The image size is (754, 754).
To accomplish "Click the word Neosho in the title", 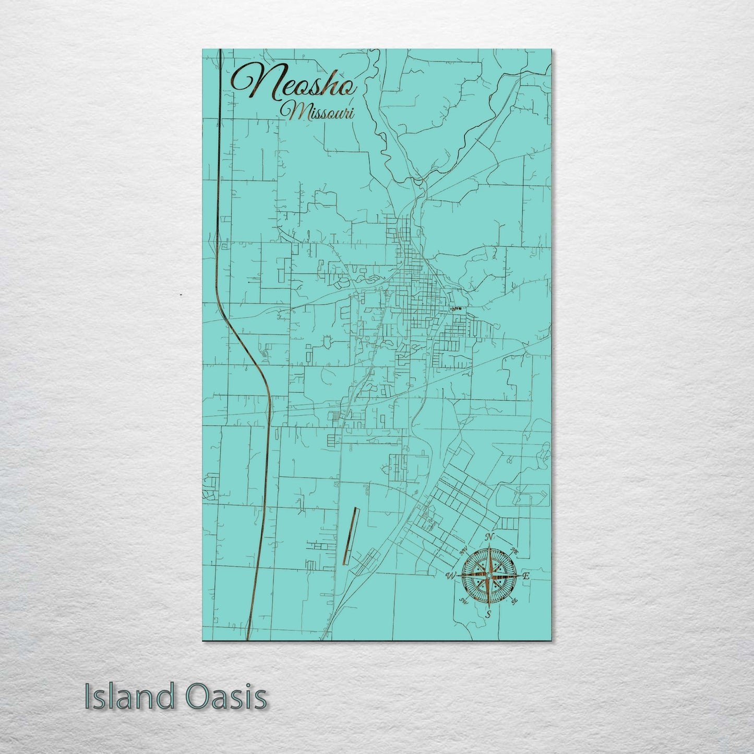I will tap(295, 85).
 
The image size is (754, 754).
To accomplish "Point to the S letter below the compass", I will tap(488, 614).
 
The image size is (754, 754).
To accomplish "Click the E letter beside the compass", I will tap(526, 576).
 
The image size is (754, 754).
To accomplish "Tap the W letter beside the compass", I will tap(451, 576).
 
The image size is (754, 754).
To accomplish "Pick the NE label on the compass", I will tap(514, 550).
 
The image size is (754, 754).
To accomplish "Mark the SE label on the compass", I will tap(514, 601).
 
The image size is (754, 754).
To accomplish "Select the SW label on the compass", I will tap(462, 601).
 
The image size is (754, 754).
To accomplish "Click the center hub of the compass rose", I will tap(488, 575).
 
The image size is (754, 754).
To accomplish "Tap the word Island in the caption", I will tap(125, 697).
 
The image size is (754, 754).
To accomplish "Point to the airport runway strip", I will tap(350, 535).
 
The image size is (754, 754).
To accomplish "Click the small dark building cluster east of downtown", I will tap(456, 309).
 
